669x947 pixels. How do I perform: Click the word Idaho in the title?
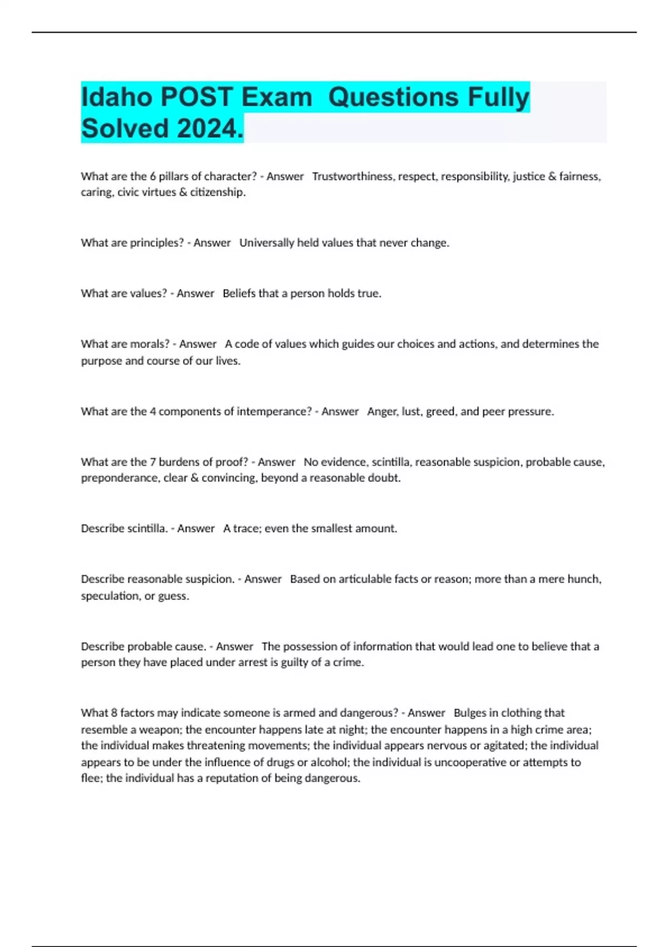[117, 97]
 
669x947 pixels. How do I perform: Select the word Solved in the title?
[124, 129]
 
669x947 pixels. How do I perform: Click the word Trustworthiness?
[352, 177]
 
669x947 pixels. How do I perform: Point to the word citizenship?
[217, 192]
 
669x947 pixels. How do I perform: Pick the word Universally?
[266, 243]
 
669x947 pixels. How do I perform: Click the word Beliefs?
[239, 294]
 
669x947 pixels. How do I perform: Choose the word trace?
[246, 529]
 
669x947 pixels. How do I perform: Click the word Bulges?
[469, 713]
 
